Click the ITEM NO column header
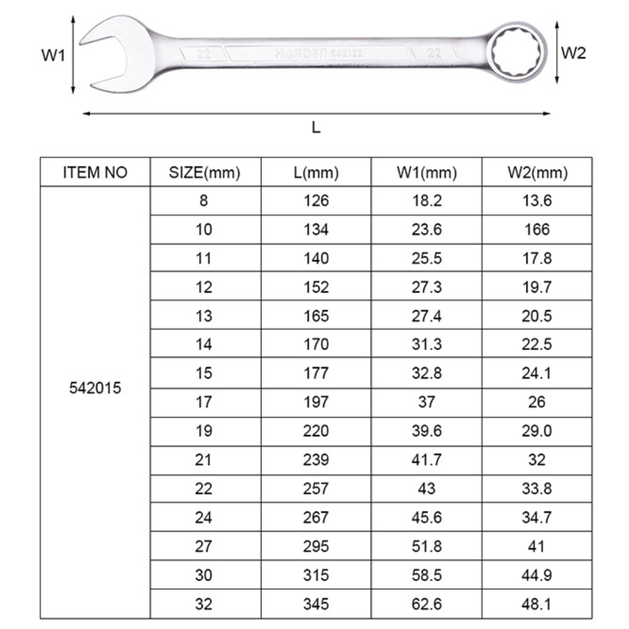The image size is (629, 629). click(x=95, y=172)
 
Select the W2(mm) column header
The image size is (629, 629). click(x=537, y=172)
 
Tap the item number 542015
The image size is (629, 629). click(x=95, y=388)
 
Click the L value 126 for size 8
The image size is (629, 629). click(x=316, y=201)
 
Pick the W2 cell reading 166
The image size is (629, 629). click(x=537, y=229)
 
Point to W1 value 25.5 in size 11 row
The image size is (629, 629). click(x=426, y=258)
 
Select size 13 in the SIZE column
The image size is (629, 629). click(x=204, y=316)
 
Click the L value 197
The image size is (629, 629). click(x=316, y=402)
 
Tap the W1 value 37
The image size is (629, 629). click(x=426, y=402)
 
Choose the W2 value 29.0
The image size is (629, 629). click(x=537, y=431)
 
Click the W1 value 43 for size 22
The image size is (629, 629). click(x=426, y=489)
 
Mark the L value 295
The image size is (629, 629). click(x=316, y=546)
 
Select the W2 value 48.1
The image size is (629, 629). click(x=537, y=604)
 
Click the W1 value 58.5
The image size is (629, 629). click(x=426, y=575)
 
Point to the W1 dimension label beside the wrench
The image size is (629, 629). click(x=52, y=56)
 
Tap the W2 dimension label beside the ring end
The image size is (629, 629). click(x=573, y=54)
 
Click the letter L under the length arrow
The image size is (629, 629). click(x=316, y=128)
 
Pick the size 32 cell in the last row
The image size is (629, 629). click(x=204, y=604)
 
